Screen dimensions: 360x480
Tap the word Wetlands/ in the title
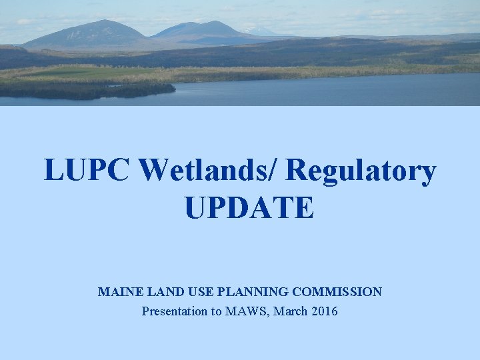tap(208, 171)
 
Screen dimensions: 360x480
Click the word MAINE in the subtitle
tap(117, 292)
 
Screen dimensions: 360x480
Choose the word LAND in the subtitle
tap(159, 292)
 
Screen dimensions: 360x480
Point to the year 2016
tap(325, 311)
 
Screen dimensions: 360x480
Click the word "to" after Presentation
tap(217, 311)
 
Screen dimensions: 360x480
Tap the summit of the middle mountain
tap(215, 22)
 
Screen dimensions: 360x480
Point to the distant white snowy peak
tap(259, 30)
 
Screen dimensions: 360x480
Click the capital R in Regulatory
tap(298, 171)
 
